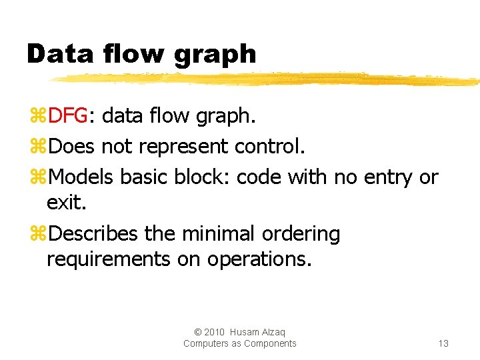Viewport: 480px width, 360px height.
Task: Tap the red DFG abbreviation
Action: tap(68, 116)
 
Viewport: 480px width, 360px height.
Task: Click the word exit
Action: tap(66, 202)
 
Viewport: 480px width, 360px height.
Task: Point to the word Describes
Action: tap(93, 234)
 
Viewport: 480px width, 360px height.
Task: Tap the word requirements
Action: tap(109, 259)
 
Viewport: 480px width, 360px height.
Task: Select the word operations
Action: tap(259, 259)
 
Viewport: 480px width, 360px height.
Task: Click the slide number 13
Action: tap(443, 343)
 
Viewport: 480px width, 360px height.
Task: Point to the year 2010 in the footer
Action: tap(214, 332)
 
